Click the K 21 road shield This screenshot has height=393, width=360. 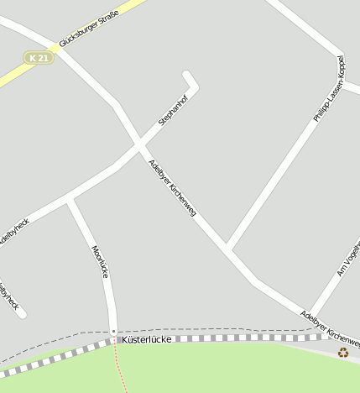(38, 57)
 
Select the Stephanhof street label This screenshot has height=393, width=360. (174, 110)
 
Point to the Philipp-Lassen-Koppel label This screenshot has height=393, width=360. (329, 89)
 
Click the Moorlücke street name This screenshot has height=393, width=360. (99, 261)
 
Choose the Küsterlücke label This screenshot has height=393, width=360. (147, 339)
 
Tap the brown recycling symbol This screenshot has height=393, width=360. (343, 352)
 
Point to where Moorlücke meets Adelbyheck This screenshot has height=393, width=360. (70, 199)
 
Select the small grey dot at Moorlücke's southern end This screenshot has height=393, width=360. (113, 332)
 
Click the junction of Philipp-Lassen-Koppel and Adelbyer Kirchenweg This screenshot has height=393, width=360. (228, 249)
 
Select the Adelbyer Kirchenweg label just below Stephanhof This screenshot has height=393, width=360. (172, 187)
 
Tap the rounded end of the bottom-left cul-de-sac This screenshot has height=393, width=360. (20, 313)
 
